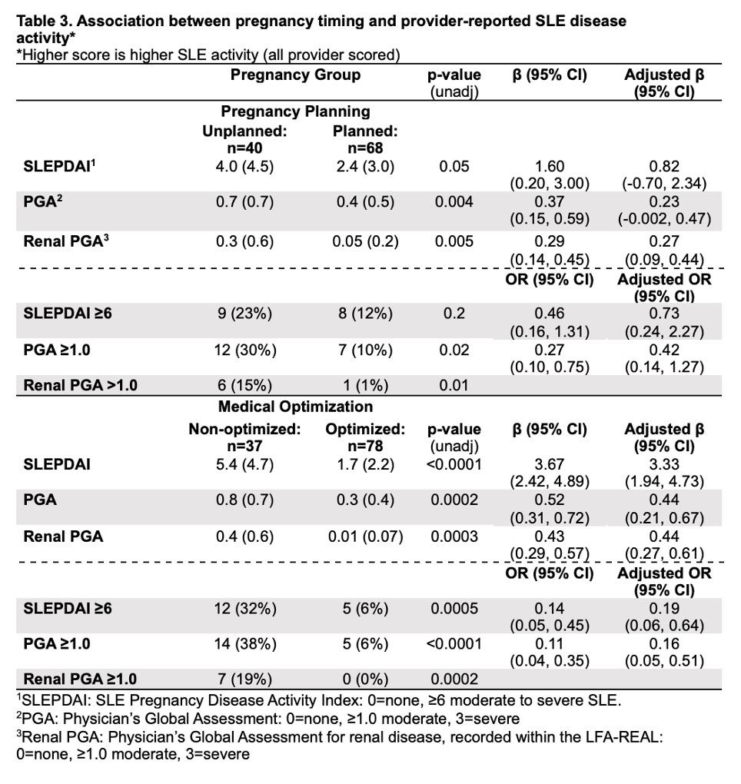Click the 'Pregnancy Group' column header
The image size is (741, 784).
tap(295, 75)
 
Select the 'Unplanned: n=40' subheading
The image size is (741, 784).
tap(244, 139)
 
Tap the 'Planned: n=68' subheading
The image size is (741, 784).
tap(365, 139)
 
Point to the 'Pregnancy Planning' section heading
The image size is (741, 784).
tap(296, 112)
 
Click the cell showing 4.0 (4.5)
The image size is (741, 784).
tap(244, 166)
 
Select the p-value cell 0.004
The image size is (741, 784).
tap(454, 203)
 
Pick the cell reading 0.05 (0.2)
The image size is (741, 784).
tap(365, 241)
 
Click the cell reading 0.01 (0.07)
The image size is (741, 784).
tap(365, 537)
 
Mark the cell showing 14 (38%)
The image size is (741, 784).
tap(244, 643)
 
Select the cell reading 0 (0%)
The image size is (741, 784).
tap(365, 679)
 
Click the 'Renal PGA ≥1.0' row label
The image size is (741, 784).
tap(81, 679)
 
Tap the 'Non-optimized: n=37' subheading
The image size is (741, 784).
tap(244, 437)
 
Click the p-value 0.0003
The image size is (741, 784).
tap(454, 537)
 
